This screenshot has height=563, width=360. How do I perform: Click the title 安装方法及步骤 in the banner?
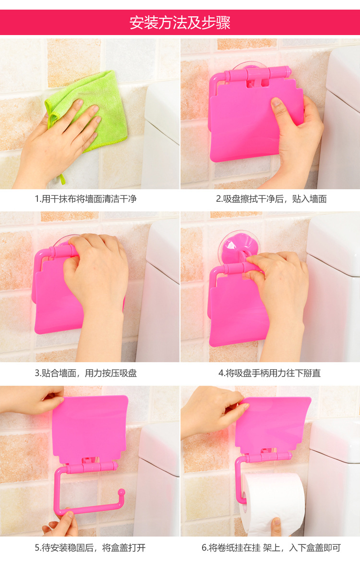(180, 23)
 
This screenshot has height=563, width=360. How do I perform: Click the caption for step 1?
(86, 198)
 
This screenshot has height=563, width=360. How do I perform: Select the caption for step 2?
(271, 198)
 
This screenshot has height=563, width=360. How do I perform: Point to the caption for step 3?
(86, 373)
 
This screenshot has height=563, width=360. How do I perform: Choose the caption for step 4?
(269, 373)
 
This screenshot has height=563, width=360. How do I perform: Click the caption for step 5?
(90, 548)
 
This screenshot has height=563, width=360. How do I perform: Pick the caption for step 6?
(271, 548)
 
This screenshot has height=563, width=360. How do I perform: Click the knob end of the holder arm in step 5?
(122, 492)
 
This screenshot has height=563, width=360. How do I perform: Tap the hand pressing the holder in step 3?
(96, 279)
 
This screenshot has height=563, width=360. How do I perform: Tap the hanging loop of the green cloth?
(61, 179)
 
